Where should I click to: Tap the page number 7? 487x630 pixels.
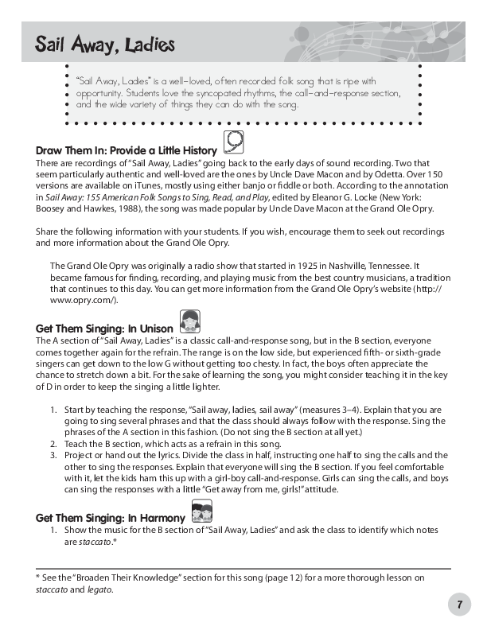point(459,605)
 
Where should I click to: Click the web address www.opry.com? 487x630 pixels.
point(82,299)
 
